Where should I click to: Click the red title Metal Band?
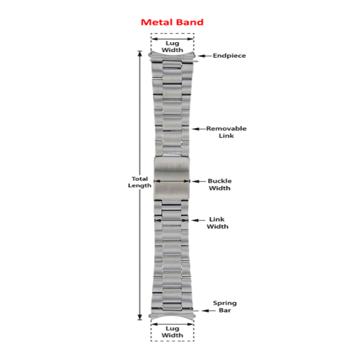[x=172, y=22]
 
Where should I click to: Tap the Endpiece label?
[x=229, y=56]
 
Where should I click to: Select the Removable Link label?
[x=226, y=132]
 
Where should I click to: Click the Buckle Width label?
[x=219, y=184]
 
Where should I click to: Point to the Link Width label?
[x=217, y=223]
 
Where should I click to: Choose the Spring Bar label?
[x=225, y=306]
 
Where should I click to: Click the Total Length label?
[x=139, y=182]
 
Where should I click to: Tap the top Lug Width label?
[x=172, y=46]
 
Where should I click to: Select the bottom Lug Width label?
[x=172, y=332]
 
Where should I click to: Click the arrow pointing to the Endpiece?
[x=205, y=56]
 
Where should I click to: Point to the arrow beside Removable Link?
[x=198, y=129]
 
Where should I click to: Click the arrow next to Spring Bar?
[x=207, y=310]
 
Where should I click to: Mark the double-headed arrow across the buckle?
[x=172, y=181]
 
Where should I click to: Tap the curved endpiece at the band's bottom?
[x=172, y=315]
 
